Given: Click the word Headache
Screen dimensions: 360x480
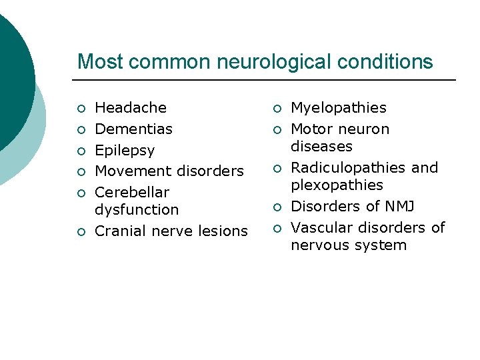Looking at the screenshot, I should pos(131,108).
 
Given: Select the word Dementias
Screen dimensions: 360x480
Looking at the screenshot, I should pos(133,129).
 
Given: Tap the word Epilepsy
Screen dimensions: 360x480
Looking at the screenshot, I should pos(125,151).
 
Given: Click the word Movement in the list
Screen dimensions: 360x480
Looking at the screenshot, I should pos(129,171).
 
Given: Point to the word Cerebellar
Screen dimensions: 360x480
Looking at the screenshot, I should pos(132,193).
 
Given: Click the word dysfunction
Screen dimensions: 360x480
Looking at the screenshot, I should pos(137,210).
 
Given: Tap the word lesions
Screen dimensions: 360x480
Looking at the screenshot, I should pos(224,231).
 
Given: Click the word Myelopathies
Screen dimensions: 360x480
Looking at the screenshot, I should pos(339,108).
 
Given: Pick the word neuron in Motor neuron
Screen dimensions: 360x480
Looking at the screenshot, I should pos(365,129).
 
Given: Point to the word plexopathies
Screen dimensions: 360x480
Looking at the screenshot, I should pos(337,185).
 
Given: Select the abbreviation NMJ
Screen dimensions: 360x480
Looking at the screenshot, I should pos(399,207).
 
